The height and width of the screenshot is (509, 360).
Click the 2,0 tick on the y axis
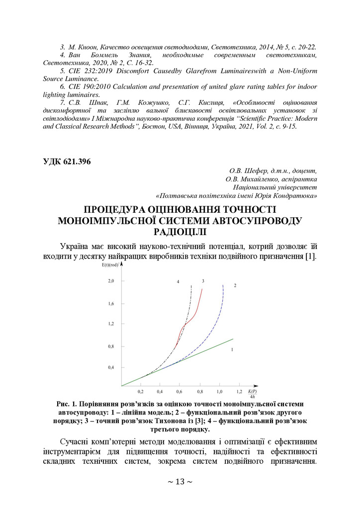[111, 281]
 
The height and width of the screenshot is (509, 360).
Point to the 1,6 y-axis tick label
[111, 303]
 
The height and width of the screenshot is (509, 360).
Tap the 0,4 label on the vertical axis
[111, 367]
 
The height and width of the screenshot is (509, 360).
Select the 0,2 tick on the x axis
[141, 392]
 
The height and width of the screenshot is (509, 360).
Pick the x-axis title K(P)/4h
[253, 393]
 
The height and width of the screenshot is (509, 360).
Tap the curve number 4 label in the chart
[178, 282]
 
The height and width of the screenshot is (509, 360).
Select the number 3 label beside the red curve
[203, 281]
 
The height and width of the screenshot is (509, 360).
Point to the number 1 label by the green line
[232, 350]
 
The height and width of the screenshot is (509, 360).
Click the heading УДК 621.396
[68, 162]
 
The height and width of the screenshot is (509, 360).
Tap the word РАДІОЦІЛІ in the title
[180, 231]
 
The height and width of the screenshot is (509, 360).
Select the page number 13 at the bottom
[180, 482]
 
